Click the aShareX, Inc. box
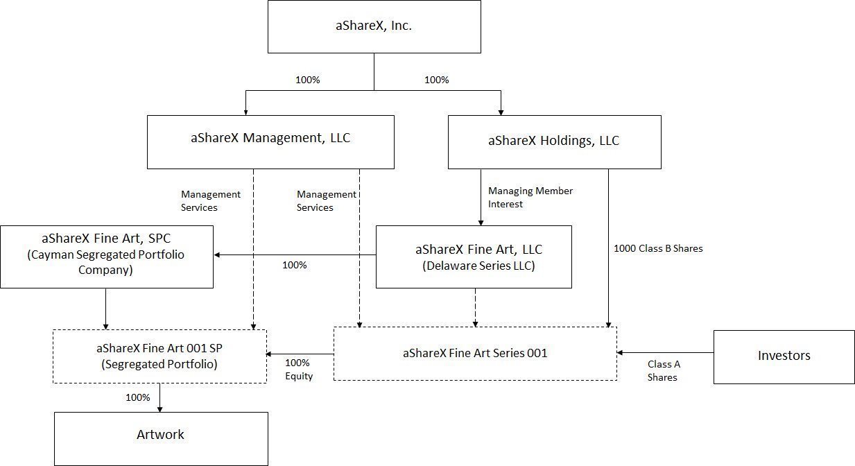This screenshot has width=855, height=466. click(374, 27)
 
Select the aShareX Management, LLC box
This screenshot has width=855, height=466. click(270, 141)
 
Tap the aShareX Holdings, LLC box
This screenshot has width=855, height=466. click(554, 141)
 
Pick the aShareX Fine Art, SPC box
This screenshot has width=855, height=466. click(106, 256)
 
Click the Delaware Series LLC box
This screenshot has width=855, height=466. click(474, 257)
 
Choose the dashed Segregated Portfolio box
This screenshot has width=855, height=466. click(159, 356)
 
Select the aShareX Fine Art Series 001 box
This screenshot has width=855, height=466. click(475, 353)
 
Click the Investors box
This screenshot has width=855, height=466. click(784, 356)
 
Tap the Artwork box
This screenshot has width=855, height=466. click(161, 438)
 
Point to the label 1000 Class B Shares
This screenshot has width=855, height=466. click(658, 248)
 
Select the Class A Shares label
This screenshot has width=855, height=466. click(663, 370)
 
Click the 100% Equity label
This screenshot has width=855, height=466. click(299, 369)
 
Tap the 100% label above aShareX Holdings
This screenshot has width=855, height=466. click(436, 80)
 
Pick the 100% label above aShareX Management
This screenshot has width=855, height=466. click(307, 80)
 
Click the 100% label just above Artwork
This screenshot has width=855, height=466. click(137, 397)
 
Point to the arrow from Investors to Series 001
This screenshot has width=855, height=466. click(665, 353)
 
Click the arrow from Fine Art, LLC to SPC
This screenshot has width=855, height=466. click(295, 254)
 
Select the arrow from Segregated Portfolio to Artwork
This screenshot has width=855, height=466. click(160, 398)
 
